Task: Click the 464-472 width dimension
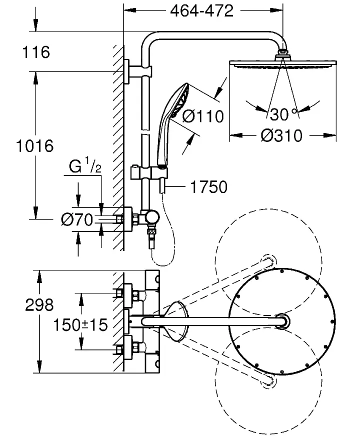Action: click(201, 11)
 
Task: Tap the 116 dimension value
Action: click(36, 52)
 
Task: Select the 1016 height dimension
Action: click(35, 146)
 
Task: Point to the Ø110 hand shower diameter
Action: click(203, 116)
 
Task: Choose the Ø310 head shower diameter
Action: click(281, 135)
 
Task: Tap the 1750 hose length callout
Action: click(208, 186)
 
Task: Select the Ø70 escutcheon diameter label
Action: click(77, 219)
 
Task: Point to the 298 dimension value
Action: click(39, 305)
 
